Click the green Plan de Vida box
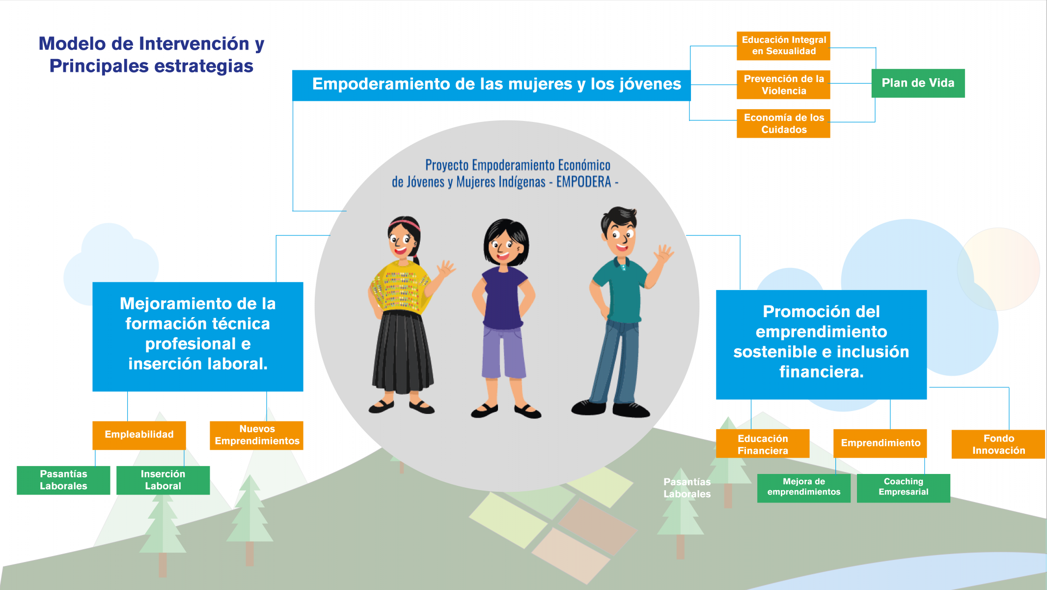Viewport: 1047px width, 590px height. [918, 83]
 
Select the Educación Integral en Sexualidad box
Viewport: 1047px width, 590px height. [783, 46]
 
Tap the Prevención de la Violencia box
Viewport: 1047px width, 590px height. [783, 85]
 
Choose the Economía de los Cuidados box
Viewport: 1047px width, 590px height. [783, 123]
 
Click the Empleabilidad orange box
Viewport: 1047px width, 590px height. [139, 435]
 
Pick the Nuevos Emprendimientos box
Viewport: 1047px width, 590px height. [256, 435]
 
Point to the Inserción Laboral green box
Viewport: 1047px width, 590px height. [163, 480]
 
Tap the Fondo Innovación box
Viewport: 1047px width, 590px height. [998, 444]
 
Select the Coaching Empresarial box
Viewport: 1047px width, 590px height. [903, 488]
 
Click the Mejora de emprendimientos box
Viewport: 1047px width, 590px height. [803, 488]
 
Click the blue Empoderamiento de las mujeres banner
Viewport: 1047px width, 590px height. [491, 86]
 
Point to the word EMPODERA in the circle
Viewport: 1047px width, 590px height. [583, 182]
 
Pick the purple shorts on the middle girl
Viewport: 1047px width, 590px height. [503, 352]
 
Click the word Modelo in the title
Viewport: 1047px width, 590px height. [72, 44]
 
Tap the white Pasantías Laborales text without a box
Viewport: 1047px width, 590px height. [687, 488]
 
